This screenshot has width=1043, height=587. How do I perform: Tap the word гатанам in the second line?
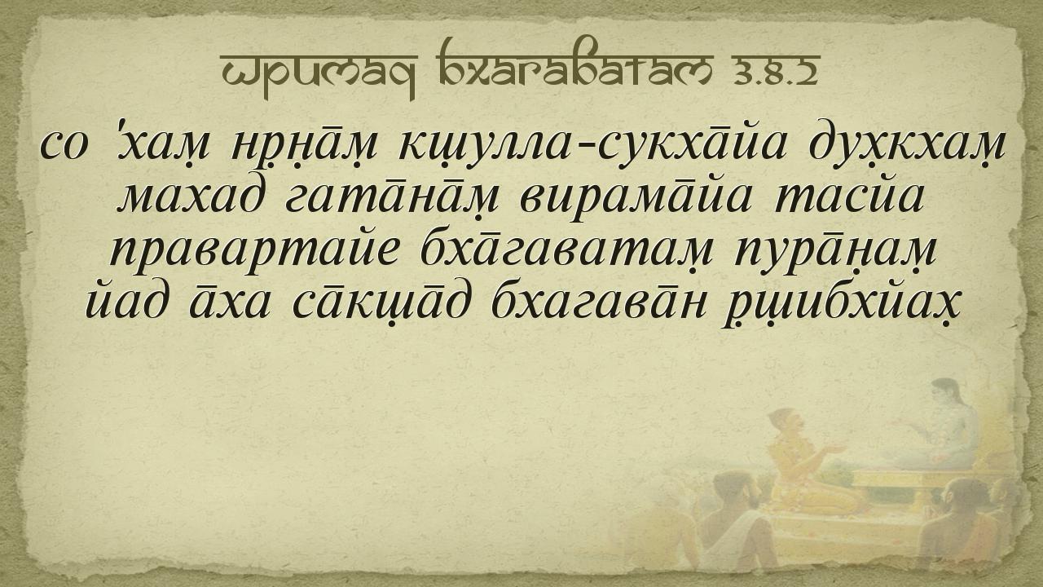click(392, 198)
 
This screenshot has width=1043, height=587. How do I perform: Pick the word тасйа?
click(849, 197)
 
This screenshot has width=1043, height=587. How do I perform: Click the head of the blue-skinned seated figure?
click(945, 392)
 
